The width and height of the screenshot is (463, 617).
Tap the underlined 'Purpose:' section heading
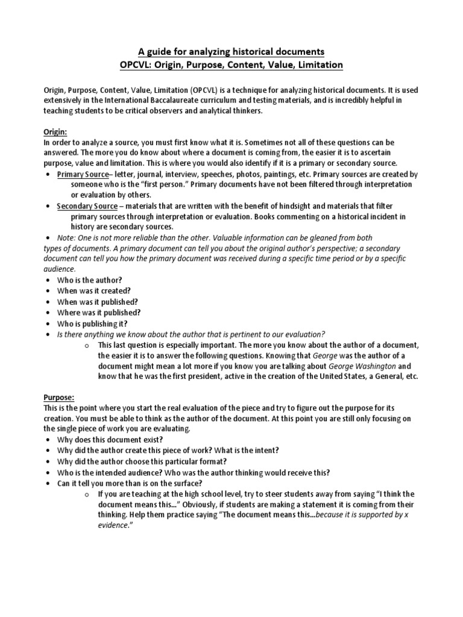coord(59,398)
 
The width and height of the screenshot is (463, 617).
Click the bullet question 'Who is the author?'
coord(90,280)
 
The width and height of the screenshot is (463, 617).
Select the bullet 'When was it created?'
coord(93,290)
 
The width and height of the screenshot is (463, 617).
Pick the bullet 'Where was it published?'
coord(98,312)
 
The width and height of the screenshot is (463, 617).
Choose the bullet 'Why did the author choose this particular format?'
coord(143,462)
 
